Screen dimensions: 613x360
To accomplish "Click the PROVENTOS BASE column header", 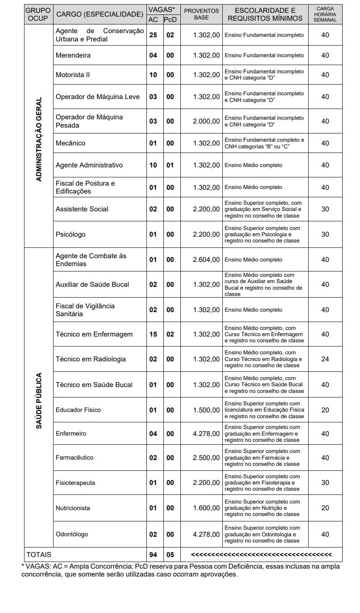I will [201, 14].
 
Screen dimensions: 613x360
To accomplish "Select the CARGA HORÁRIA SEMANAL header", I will [325, 14].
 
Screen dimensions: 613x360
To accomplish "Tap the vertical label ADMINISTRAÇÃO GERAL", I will [39, 139].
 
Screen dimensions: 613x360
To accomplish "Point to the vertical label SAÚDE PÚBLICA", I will [39, 401].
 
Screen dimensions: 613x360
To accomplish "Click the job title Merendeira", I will [73, 55].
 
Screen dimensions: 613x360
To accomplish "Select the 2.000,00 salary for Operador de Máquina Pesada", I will [207, 121].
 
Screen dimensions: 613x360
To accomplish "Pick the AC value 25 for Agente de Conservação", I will [153, 35].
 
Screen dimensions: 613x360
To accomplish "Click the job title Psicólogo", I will [71, 234].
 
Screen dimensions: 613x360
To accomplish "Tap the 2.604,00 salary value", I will [207, 259].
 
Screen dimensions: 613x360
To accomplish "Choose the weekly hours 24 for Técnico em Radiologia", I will [325, 359].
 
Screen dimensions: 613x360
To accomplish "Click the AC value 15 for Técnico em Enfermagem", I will [153, 334].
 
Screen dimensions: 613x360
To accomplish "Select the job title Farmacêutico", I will [75, 458].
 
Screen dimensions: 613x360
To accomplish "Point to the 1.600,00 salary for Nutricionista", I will [207, 508].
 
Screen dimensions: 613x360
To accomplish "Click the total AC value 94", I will [153, 555].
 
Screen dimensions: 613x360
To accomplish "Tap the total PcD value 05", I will [170, 555].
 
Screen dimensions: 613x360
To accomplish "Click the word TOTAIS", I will [39, 555].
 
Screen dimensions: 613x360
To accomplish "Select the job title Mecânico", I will [71, 143].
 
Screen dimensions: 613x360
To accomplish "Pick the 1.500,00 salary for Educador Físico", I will [207, 410].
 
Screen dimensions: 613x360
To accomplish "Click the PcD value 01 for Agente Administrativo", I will [170, 165].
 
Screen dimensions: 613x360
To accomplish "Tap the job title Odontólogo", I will [72, 534].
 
